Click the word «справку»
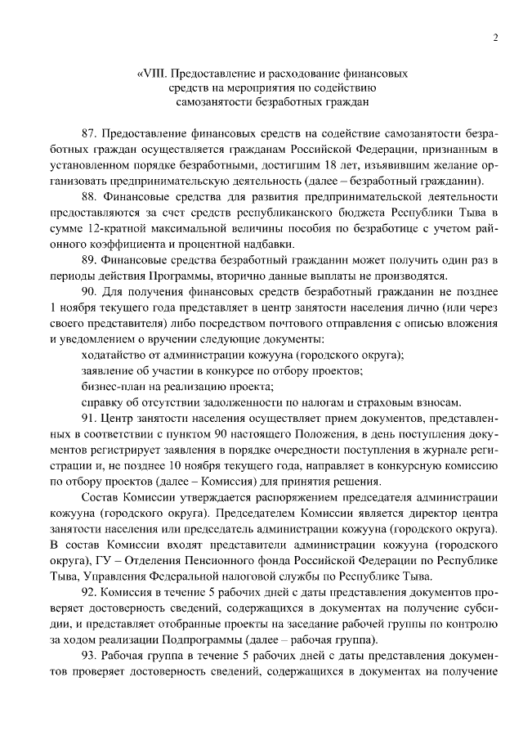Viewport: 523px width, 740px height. [104, 402]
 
